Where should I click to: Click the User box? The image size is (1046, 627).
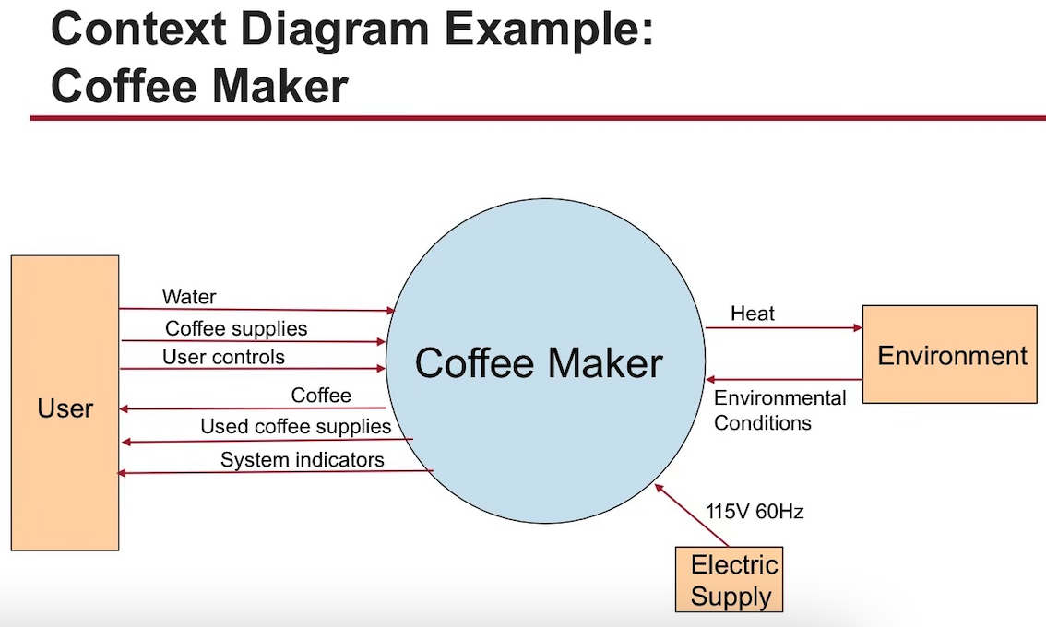click(65, 403)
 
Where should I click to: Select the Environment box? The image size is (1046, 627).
click(949, 355)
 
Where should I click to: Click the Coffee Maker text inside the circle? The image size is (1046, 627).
click(539, 362)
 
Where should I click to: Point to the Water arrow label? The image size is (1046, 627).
click(189, 296)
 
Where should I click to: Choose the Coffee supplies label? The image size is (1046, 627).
click(236, 328)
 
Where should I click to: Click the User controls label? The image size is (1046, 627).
click(223, 357)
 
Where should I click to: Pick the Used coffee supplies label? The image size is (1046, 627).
click(295, 427)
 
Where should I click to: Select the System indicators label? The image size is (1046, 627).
click(302, 459)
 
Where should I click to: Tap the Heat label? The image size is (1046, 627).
click(753, 313)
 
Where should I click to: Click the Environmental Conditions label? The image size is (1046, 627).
click(780, 410)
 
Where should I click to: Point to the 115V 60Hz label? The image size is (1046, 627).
click(754, 512)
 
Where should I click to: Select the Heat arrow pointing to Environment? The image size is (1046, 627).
click(784, 327)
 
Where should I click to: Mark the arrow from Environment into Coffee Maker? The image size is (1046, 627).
click(784, 379)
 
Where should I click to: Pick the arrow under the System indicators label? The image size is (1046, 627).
click(277, 472)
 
